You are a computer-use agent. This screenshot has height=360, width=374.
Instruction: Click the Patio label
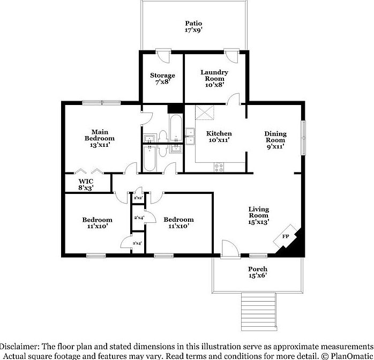point(193,27)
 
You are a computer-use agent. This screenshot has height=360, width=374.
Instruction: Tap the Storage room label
point(162,79)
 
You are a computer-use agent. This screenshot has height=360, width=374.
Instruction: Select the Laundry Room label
point(214,78)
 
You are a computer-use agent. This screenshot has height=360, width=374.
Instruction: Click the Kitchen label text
point(219,137)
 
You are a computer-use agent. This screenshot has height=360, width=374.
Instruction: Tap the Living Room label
point(258,215)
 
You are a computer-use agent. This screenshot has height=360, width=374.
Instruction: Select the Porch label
point(257,272)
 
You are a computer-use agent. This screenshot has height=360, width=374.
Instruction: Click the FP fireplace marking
point(285,237)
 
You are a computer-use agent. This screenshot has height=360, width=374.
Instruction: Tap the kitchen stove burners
point(219,166)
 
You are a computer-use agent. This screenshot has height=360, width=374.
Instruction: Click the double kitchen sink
point(190,137)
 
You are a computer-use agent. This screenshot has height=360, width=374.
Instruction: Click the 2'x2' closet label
point(138,198)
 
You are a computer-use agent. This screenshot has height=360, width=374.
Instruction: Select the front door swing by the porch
point(229,247)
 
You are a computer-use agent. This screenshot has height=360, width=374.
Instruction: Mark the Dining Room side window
point(303,137)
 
